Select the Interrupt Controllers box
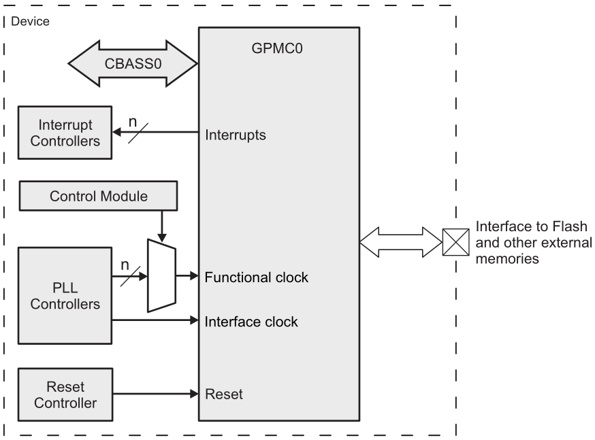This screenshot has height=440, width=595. [x=64, y=133]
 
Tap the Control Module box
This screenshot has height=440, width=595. [x=99, y=197]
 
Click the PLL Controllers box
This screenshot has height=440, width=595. [x=64, y=295]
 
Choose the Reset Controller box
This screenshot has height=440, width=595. [x=64, y=394]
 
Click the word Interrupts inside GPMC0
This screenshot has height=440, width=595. [x=235, y=135]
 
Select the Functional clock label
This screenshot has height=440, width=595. [x=257, y=277]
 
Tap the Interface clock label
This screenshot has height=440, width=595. [x=251, y=321]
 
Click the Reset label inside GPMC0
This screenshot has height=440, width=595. [x=223, y=394]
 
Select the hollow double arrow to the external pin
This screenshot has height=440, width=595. [x=401, y=241]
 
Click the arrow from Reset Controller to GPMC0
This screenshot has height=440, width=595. [x=154, y=394]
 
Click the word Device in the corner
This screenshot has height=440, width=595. [x=29, y=22]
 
